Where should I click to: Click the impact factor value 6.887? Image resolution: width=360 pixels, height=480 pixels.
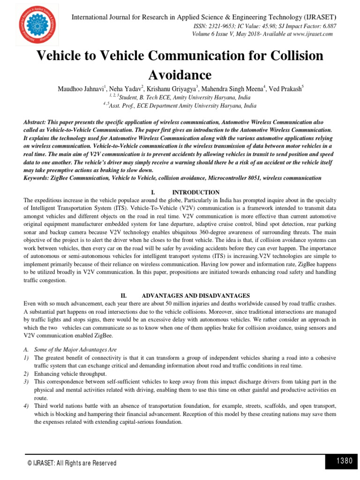pyautogui.click(x=327, y=26)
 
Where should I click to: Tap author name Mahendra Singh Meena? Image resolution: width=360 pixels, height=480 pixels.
pyautogui.click(x=229, y=89)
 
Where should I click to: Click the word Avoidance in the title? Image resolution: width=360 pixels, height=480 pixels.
pyautogui.click(x=180, y=75)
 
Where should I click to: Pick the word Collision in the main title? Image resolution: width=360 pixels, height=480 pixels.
pyautogui.click(x=291, y=56)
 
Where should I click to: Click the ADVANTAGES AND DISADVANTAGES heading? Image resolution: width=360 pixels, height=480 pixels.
pyautogui.click(x=196, y=296)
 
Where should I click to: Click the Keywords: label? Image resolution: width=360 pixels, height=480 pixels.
pyautogui.click(x=39, y=178)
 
